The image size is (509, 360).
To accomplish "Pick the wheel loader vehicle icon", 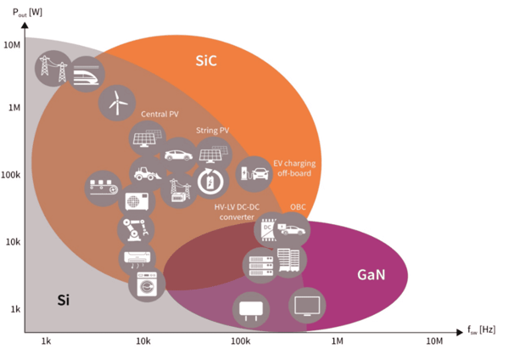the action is coord(146,172).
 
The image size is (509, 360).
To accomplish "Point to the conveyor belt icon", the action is coord(103,185).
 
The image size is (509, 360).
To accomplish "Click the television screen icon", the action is coord(306,305).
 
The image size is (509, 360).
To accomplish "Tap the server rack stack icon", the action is coord(258,265).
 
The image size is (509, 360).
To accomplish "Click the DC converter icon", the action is coord(269,228).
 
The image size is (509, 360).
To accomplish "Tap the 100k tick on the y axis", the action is coord(12,175).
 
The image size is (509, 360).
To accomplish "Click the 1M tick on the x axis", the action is coord(336,340).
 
